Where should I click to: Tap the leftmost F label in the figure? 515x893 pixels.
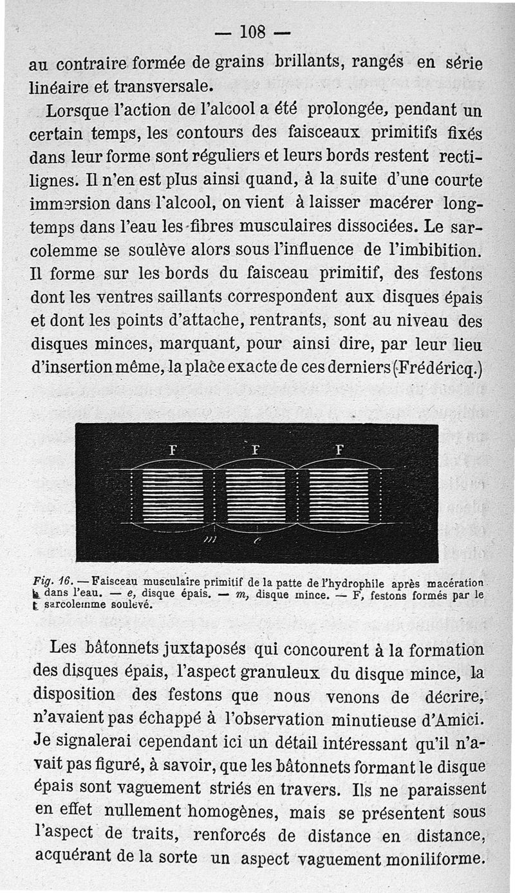172,450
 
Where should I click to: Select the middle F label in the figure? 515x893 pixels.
255,450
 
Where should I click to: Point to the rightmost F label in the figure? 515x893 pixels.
339,450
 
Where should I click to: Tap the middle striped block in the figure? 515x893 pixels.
256,496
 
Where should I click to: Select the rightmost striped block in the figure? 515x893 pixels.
339,496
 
